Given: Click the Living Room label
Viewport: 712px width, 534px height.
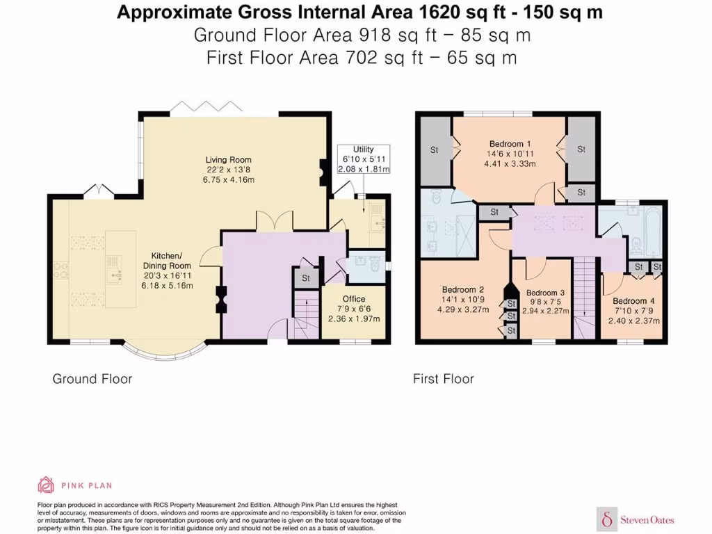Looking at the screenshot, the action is coord(228,170).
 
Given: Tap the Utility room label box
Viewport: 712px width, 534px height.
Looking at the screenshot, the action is coord(363,159).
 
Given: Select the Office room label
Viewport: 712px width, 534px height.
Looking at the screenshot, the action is coord(354,309).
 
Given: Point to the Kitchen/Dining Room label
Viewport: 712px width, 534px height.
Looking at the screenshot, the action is coord(167,270).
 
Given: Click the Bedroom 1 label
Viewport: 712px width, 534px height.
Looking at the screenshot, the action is coord(510,154).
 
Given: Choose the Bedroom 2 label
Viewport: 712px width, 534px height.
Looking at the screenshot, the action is coord(463,300).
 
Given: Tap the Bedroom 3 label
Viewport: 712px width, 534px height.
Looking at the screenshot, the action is coord(545,302).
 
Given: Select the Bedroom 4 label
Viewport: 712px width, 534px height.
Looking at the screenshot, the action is coord(634,311).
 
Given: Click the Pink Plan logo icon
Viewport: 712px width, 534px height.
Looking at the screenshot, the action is coord(46,485).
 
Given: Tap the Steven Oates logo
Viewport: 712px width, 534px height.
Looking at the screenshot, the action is coord(636,519).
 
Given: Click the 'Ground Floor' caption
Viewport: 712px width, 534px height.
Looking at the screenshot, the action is coord(92,379).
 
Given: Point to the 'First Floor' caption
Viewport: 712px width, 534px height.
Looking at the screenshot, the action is coord(443,379).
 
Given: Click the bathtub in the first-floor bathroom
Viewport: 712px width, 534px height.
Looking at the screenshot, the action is coord(652,233).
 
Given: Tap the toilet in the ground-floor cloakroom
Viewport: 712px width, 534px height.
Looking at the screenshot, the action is coord(375,263).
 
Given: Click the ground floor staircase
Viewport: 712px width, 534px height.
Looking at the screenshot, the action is coord(306,314).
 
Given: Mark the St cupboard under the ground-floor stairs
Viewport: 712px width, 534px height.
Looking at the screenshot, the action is coord(306,278).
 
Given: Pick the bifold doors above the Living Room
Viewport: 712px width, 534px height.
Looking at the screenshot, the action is coord(206,107).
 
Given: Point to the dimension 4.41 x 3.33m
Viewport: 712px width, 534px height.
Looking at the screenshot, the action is coord(510,164).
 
